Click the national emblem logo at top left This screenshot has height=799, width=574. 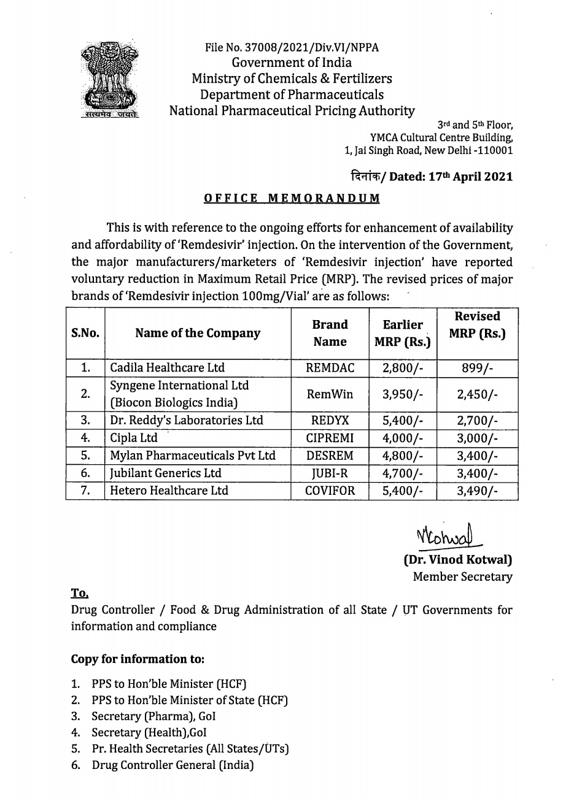[111, 78]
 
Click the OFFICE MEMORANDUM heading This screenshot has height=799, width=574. [292, 198]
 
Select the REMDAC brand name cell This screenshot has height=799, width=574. [330, 368]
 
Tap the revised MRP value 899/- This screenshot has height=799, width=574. [477, 368]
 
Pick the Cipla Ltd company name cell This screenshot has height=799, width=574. [134, 438]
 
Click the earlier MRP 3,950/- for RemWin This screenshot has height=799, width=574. [402, 394]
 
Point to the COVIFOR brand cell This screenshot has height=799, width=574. [330, 491]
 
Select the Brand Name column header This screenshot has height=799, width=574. [330, 333]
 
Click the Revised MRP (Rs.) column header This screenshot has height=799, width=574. [477, 325]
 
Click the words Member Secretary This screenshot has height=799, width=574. [462, 577]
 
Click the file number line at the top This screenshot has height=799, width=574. [292, 47]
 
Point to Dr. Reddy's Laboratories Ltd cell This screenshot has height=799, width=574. [186, 421]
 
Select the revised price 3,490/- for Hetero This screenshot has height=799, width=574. [477, 491]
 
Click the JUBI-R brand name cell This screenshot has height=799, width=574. [330, 473]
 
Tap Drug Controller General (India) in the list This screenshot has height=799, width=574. [173, 765]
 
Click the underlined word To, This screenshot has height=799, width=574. [80, 593]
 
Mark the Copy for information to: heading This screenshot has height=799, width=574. [138, 659]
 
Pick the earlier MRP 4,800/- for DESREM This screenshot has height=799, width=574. [402, 456]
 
